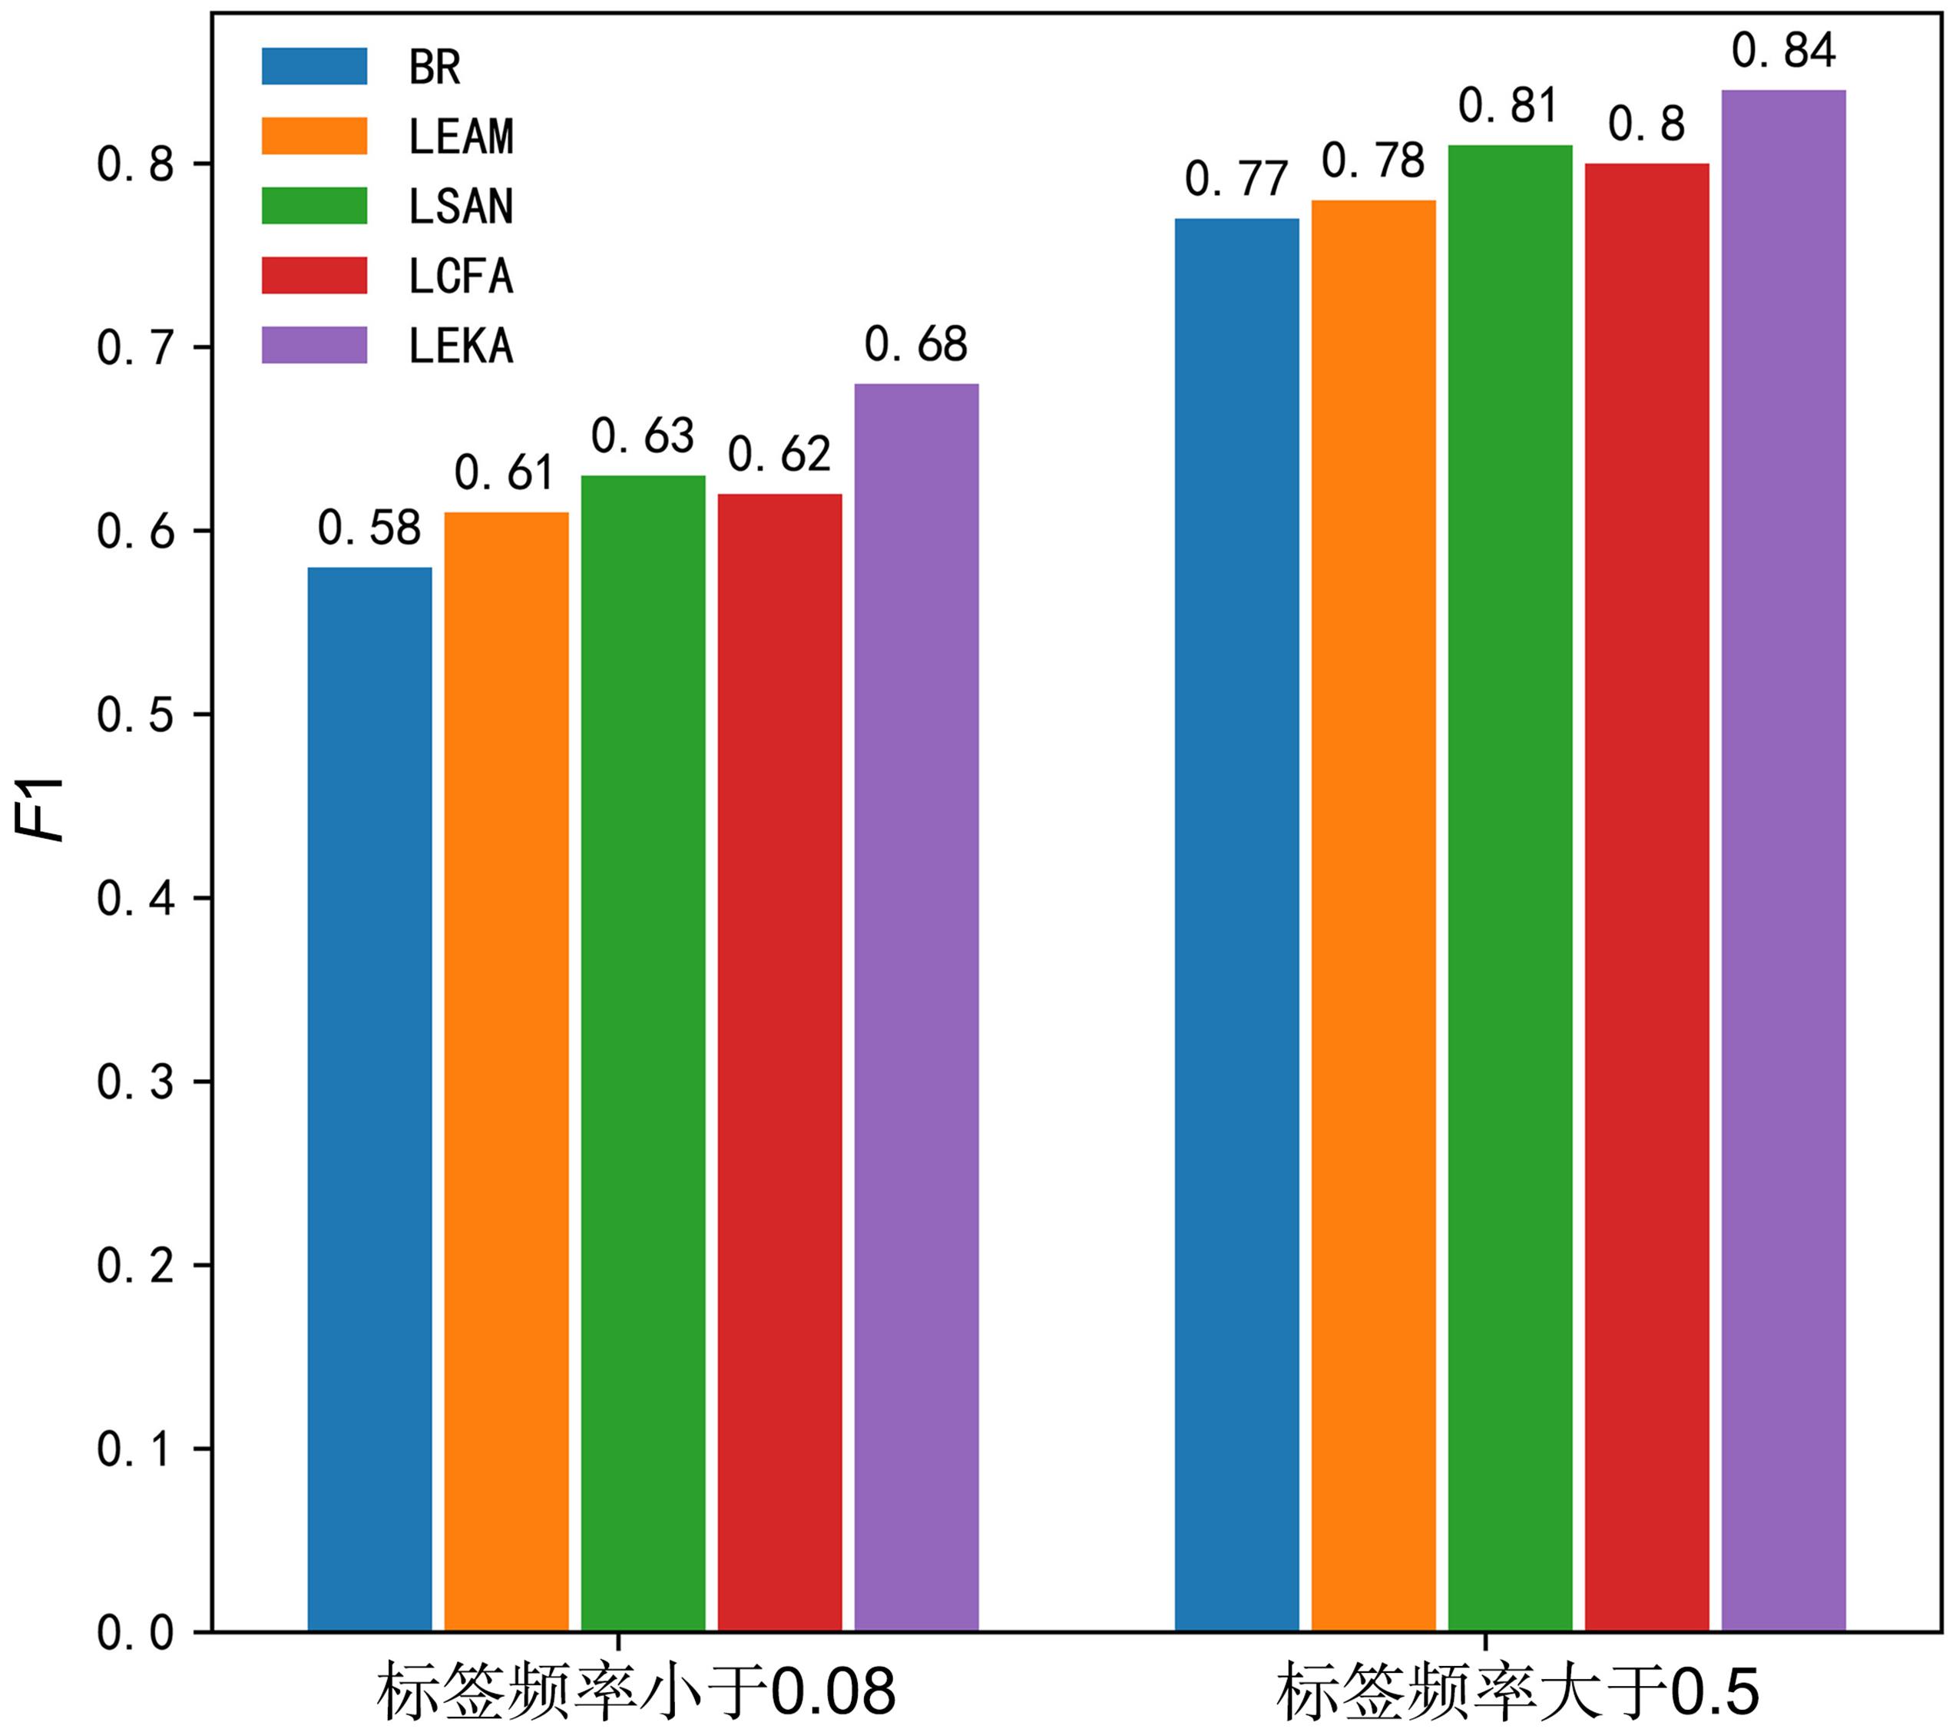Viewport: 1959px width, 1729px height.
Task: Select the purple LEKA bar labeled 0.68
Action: tap(916, 1006)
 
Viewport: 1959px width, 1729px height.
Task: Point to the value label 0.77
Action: tap(1236, 179)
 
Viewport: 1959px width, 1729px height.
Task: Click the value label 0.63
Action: tap(642, 436)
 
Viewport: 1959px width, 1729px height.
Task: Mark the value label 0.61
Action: tap(505, 472)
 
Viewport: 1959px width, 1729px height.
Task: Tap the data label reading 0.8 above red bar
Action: tap(1646, 124)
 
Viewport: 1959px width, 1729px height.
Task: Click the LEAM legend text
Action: tap(461, 136)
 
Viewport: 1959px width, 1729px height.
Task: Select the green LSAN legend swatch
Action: tap(314, 205)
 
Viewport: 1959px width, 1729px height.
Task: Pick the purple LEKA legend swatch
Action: tap(314, 345)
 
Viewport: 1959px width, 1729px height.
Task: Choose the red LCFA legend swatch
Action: tap(314, 275)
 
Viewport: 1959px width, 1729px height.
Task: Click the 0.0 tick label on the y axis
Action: tap(135, 1632)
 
